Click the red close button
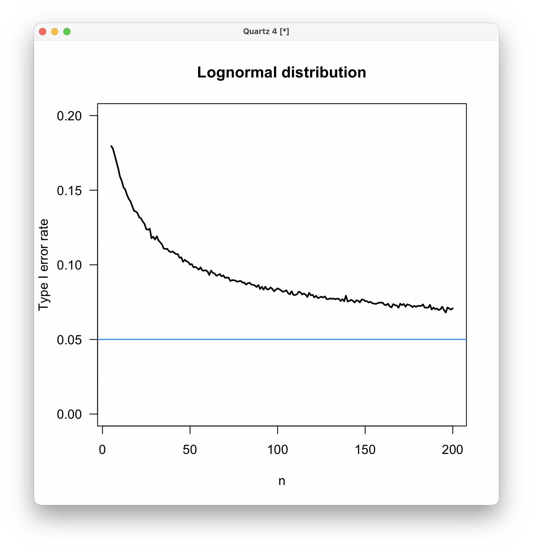43,32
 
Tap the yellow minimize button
55,32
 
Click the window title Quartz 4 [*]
266,31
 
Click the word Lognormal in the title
237,73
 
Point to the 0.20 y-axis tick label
69,116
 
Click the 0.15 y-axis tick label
69,191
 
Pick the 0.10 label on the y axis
69,265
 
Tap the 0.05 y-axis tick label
69,340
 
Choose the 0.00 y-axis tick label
69,414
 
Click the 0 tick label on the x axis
102,450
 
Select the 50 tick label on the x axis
190,450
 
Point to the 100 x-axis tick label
277,450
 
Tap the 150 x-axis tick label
365,450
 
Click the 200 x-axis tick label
452,450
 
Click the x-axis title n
282,481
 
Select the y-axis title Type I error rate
43,265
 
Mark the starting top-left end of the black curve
111,146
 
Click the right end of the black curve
453,308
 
